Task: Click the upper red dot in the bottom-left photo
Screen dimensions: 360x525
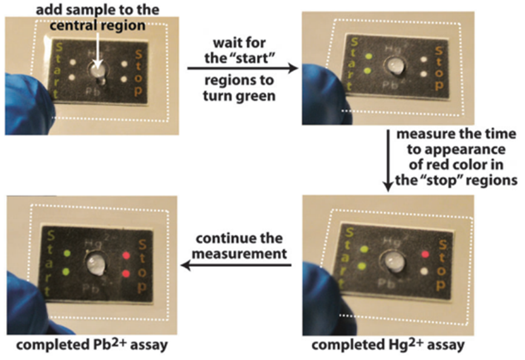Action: (127, 256)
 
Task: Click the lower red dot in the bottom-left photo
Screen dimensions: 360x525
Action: (126, 273)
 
